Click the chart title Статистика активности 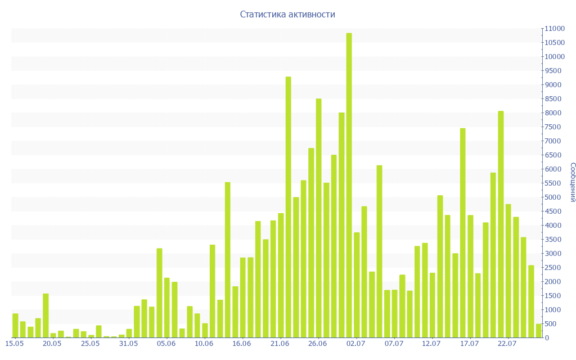[x=287, y=15]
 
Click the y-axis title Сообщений [x=572, y=182]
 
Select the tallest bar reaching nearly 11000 [x=349, y=186]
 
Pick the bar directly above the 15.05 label [x=15, y=326]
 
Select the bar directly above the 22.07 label [x=508, y=271]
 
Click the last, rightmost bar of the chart [x=538, y=331]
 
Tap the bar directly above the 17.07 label [x=470, y=276]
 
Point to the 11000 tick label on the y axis [x=553, y=29]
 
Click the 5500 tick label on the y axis [x=553, y=183]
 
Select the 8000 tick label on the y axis [x=553, y=113]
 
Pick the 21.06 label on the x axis [x=280, y=343]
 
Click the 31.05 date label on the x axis [x=129, y=343]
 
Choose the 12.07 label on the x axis [x=431, y=343]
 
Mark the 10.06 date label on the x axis [x=204, y=343]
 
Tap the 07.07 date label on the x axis [x=394, y=343]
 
